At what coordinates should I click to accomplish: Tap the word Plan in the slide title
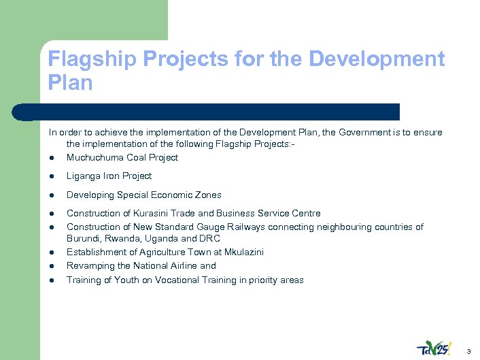pyautogui.click(x=70, y=82)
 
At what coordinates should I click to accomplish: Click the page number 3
pyautogui.click(x=468, y=350)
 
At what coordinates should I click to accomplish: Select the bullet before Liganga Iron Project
pyautogui.click(x=52, y=176)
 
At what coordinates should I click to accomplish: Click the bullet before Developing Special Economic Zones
pyautogui.click(x=52, y=195)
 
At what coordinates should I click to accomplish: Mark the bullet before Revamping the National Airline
pyautogui.click(x=52, y=266)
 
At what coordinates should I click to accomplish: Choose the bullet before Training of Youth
pyautogui.click(x=52, y=280)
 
